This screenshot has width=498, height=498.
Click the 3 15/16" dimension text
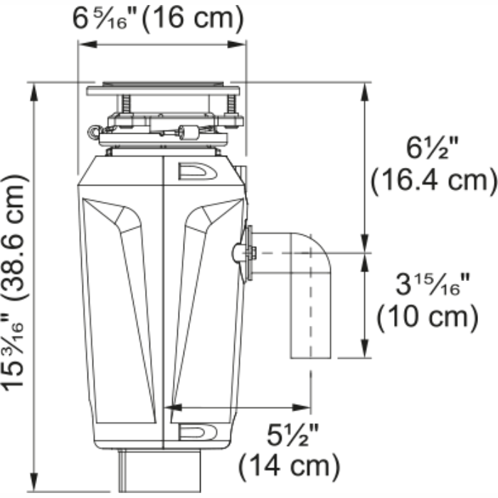tap(433, 285)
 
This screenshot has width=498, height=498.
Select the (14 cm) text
tap(288, 466)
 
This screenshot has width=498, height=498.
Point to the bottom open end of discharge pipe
tap(311, 357)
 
